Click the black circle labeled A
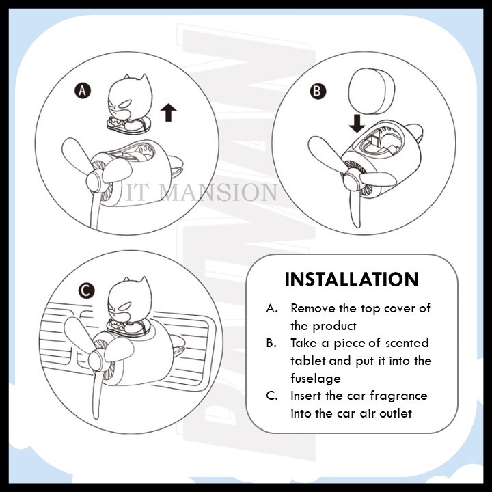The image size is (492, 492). point(83,91)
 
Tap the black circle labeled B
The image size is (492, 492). point(318,92)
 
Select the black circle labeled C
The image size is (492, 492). point(87,291)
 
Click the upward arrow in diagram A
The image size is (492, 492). point(169,112)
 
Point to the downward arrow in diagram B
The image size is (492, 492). point(357,123)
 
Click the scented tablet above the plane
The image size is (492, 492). point(372,92)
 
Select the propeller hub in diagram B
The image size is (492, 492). point(351,180)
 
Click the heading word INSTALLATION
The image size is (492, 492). point(351,279)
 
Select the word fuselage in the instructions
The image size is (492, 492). point(316,379)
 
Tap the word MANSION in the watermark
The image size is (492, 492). point(219,192)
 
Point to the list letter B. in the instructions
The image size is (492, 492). point(271,343)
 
